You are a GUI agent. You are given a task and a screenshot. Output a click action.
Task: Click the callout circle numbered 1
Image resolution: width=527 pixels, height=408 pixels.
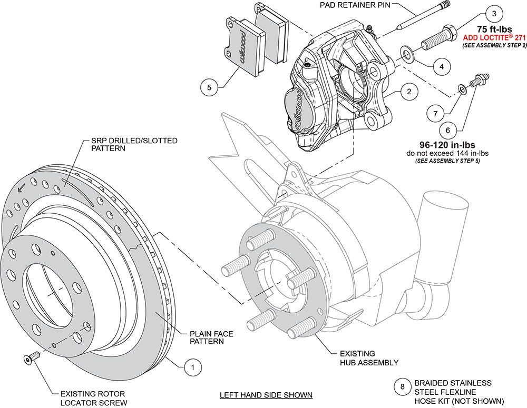(x=192, y=366)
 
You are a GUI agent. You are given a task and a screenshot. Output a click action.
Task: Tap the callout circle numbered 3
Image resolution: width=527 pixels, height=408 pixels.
(x=493, y=13)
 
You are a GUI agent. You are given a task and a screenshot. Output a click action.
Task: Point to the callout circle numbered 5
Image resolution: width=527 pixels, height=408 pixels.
(x=209, y=87)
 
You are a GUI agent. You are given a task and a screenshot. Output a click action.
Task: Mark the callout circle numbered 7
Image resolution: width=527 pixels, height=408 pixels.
(x=435, y=113)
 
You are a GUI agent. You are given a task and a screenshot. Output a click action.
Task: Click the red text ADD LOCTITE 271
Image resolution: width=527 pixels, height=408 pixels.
(x=494, y=38)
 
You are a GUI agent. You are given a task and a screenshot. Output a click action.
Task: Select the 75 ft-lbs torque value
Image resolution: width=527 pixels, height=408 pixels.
(x=494, y=29)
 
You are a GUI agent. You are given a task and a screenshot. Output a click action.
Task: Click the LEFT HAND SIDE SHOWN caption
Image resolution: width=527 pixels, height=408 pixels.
(x=266, y=395)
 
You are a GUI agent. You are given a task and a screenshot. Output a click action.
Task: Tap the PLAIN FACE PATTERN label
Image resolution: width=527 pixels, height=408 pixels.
(x=213, y=337)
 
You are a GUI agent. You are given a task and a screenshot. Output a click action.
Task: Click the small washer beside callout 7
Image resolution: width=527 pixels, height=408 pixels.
(x=462, y=89)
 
